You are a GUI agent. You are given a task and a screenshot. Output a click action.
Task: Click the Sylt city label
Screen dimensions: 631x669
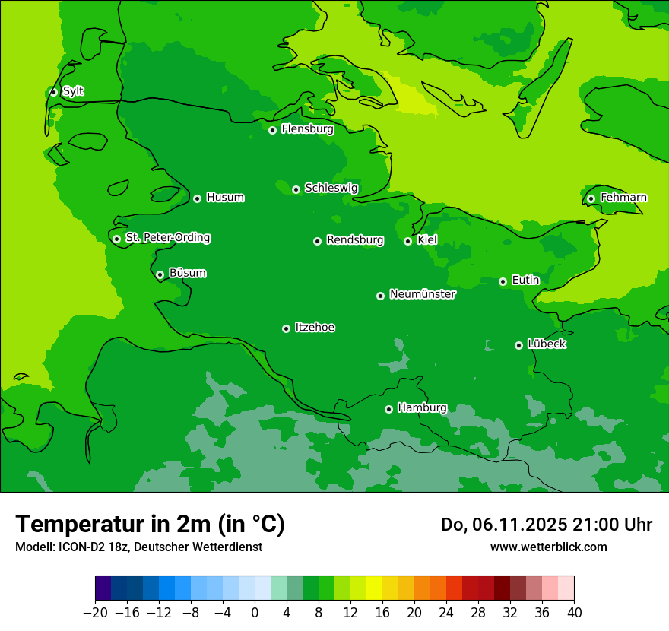[73, 91]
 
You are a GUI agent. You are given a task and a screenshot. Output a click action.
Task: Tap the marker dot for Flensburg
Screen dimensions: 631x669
[272, 130]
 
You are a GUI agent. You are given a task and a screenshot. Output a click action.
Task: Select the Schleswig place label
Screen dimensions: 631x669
[331, 188]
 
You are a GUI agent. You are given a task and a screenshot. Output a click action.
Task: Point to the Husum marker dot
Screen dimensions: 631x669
[197, 198]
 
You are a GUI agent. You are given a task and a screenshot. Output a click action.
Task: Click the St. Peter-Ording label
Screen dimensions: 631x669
[167, 238]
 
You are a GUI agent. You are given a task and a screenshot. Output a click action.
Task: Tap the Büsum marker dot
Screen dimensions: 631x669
[160, 274]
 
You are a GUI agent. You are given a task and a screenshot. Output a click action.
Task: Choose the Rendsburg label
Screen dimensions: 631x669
[354, 240]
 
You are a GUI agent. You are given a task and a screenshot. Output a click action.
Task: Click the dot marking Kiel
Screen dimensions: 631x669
[407, 241]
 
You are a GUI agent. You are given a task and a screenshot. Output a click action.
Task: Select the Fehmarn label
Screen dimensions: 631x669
[623, 198]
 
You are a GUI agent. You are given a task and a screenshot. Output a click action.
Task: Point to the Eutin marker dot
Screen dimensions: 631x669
[503, 281]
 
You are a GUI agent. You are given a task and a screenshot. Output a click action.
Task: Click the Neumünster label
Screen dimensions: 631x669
[423, 294]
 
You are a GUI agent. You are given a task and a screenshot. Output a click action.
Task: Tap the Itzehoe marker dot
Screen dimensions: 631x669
[286, 328]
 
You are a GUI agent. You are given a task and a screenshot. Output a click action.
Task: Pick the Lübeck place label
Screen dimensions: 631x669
[547, 344]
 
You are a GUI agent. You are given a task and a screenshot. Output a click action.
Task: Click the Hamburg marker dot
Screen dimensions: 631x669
[388, 409]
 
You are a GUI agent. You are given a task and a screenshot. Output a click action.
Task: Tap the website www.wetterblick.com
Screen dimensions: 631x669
[548, 547]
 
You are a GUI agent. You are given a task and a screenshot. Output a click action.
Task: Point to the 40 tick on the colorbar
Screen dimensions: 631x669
[574, 613]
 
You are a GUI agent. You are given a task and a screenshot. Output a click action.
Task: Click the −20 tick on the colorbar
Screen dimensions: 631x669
[95, 613]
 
